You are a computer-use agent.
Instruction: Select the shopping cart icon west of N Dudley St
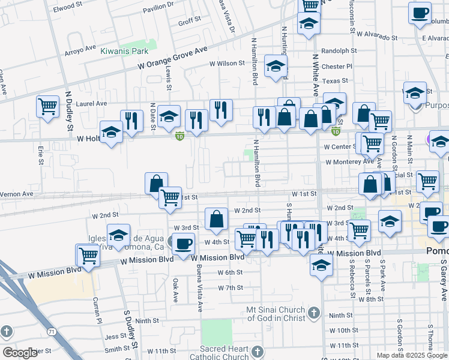point(47,107)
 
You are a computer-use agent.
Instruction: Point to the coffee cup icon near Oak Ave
point(183,243)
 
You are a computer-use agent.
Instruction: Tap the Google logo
point(20,353)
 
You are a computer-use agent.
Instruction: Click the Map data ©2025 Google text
point(412,355)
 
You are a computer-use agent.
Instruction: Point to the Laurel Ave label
point(92,103)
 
